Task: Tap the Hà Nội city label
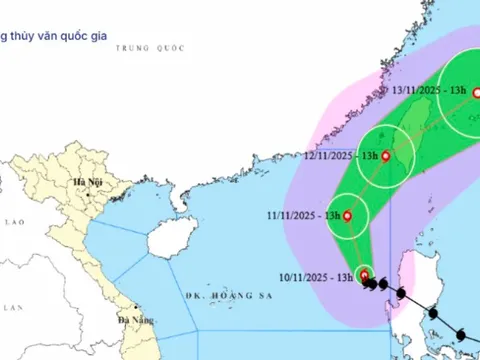(x=80, y=183)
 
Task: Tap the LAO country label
(x=14, y=221)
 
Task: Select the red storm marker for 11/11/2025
(x=347, y=216)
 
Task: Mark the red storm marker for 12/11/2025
(x=385, y=155)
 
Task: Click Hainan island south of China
(x=166, y=239)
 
